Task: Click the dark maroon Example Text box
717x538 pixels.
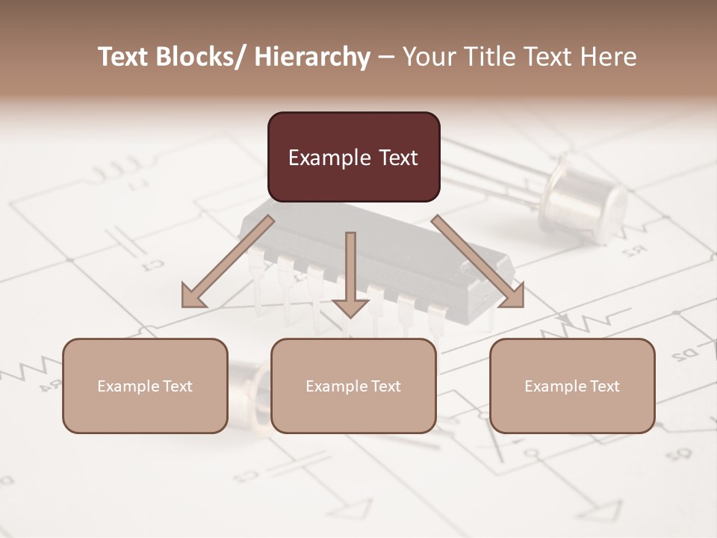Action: [x=353, y=157]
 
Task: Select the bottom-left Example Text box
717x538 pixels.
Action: [x=145, y=386]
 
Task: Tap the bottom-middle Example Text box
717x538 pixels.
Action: [x=353, y=386]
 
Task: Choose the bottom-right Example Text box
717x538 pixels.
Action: [x=572, y=386]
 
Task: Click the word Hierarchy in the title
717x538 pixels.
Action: [x=312, y=57]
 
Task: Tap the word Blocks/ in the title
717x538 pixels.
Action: [x=205, y=57]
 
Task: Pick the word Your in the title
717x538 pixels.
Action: [x=428, y=57]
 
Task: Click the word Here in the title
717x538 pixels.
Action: [x=610, y=57]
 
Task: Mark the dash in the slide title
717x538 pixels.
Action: [x=385, y=57]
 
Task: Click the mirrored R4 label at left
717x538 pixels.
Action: [x=50, y=387]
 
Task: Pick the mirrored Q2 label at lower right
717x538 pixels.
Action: [x=677, y=453]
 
